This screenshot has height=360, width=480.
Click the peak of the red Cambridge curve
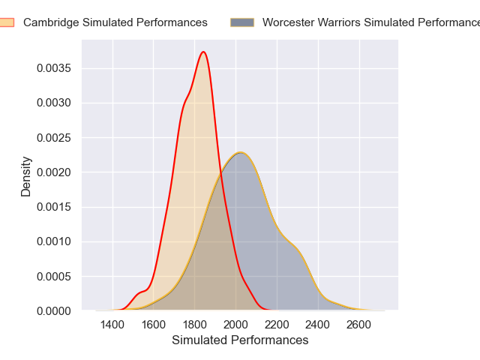pos(203,52)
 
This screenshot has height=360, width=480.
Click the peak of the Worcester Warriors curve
pos(239,153)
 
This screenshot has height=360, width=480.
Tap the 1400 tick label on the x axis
pos(112,325)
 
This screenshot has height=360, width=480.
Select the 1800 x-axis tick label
pos(194,325)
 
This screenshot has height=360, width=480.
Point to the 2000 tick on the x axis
pos(235,325)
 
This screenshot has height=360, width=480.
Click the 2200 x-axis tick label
pos(277,325)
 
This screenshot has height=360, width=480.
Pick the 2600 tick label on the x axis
pos(359,325)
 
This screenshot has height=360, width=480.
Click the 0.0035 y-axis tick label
pos(54,69)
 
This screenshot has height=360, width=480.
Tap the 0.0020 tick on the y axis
pos(54,172)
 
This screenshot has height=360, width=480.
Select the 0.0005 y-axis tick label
pos(54,276)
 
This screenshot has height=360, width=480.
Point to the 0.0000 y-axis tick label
pos(54,310)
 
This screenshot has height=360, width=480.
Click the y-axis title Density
pos(26,176)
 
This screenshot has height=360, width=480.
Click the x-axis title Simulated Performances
pos(240,340)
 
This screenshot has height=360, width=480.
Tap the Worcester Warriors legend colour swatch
pos(242,22)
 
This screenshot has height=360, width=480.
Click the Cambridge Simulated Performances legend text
pos(115,22)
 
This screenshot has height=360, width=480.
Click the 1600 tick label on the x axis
pos(153,325)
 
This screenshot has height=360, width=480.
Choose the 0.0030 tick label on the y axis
pos(54,103)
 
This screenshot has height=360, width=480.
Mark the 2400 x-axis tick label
pos(318,325)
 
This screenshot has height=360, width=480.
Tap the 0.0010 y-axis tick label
pos(54,241)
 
